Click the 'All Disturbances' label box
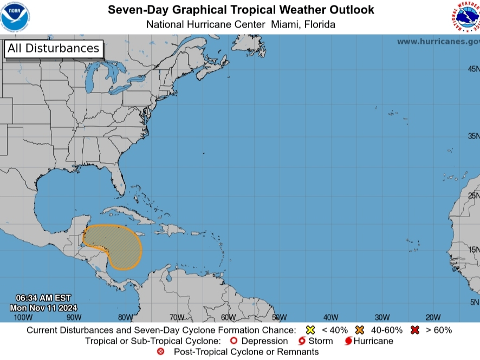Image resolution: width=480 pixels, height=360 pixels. click(53, 48)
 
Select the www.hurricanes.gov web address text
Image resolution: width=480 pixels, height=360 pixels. click(438, 42)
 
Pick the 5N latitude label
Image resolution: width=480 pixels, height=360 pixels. click(474, 302)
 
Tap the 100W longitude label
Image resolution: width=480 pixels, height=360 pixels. click(23, 317)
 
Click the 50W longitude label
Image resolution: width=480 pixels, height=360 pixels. click(279, 317)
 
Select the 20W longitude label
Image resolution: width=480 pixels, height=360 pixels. click(432, 317)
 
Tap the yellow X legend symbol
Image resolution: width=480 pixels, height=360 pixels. click(310, 330)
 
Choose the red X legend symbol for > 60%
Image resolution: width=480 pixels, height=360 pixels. click(416, 330)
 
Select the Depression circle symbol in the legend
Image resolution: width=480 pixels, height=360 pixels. click(233, 341)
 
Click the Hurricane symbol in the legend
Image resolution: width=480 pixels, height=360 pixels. click(348, 341)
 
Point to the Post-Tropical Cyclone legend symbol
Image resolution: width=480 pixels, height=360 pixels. click(160, 352)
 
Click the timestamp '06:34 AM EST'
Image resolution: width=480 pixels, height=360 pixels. click(43, 298)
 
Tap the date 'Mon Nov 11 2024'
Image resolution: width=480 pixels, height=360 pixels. click(43, 307)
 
